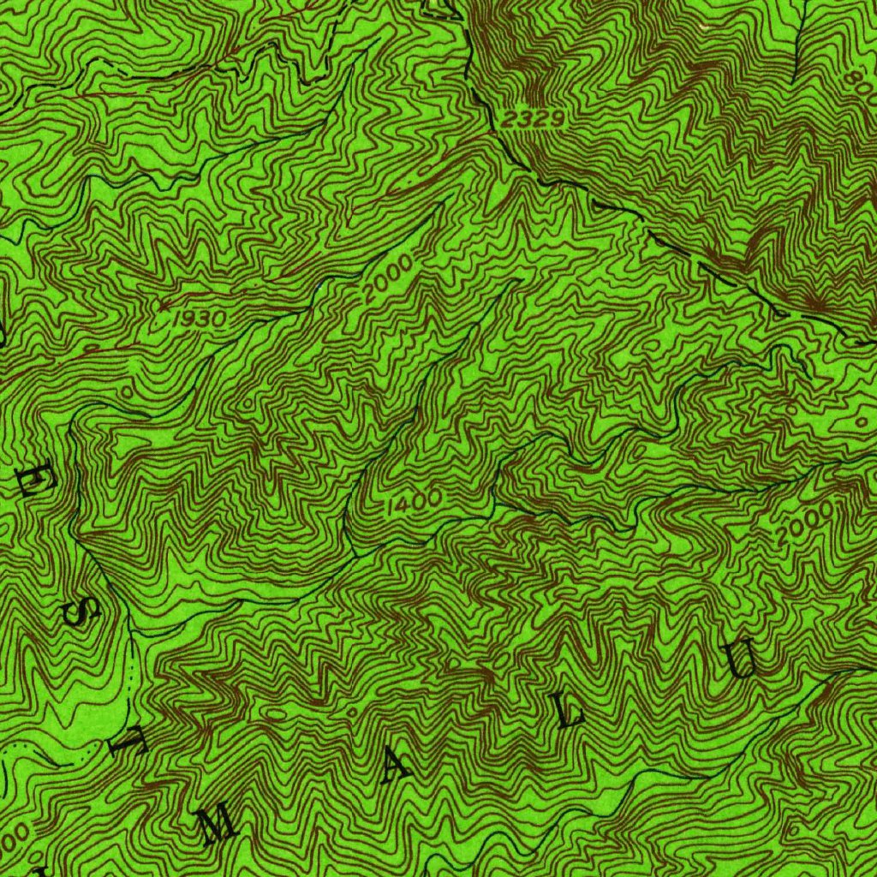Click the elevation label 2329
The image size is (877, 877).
coord(534,120)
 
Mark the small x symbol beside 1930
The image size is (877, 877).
coord(163,304)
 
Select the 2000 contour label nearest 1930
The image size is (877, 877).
coord(387,280)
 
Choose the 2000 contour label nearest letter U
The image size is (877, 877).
coord(804,523)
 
